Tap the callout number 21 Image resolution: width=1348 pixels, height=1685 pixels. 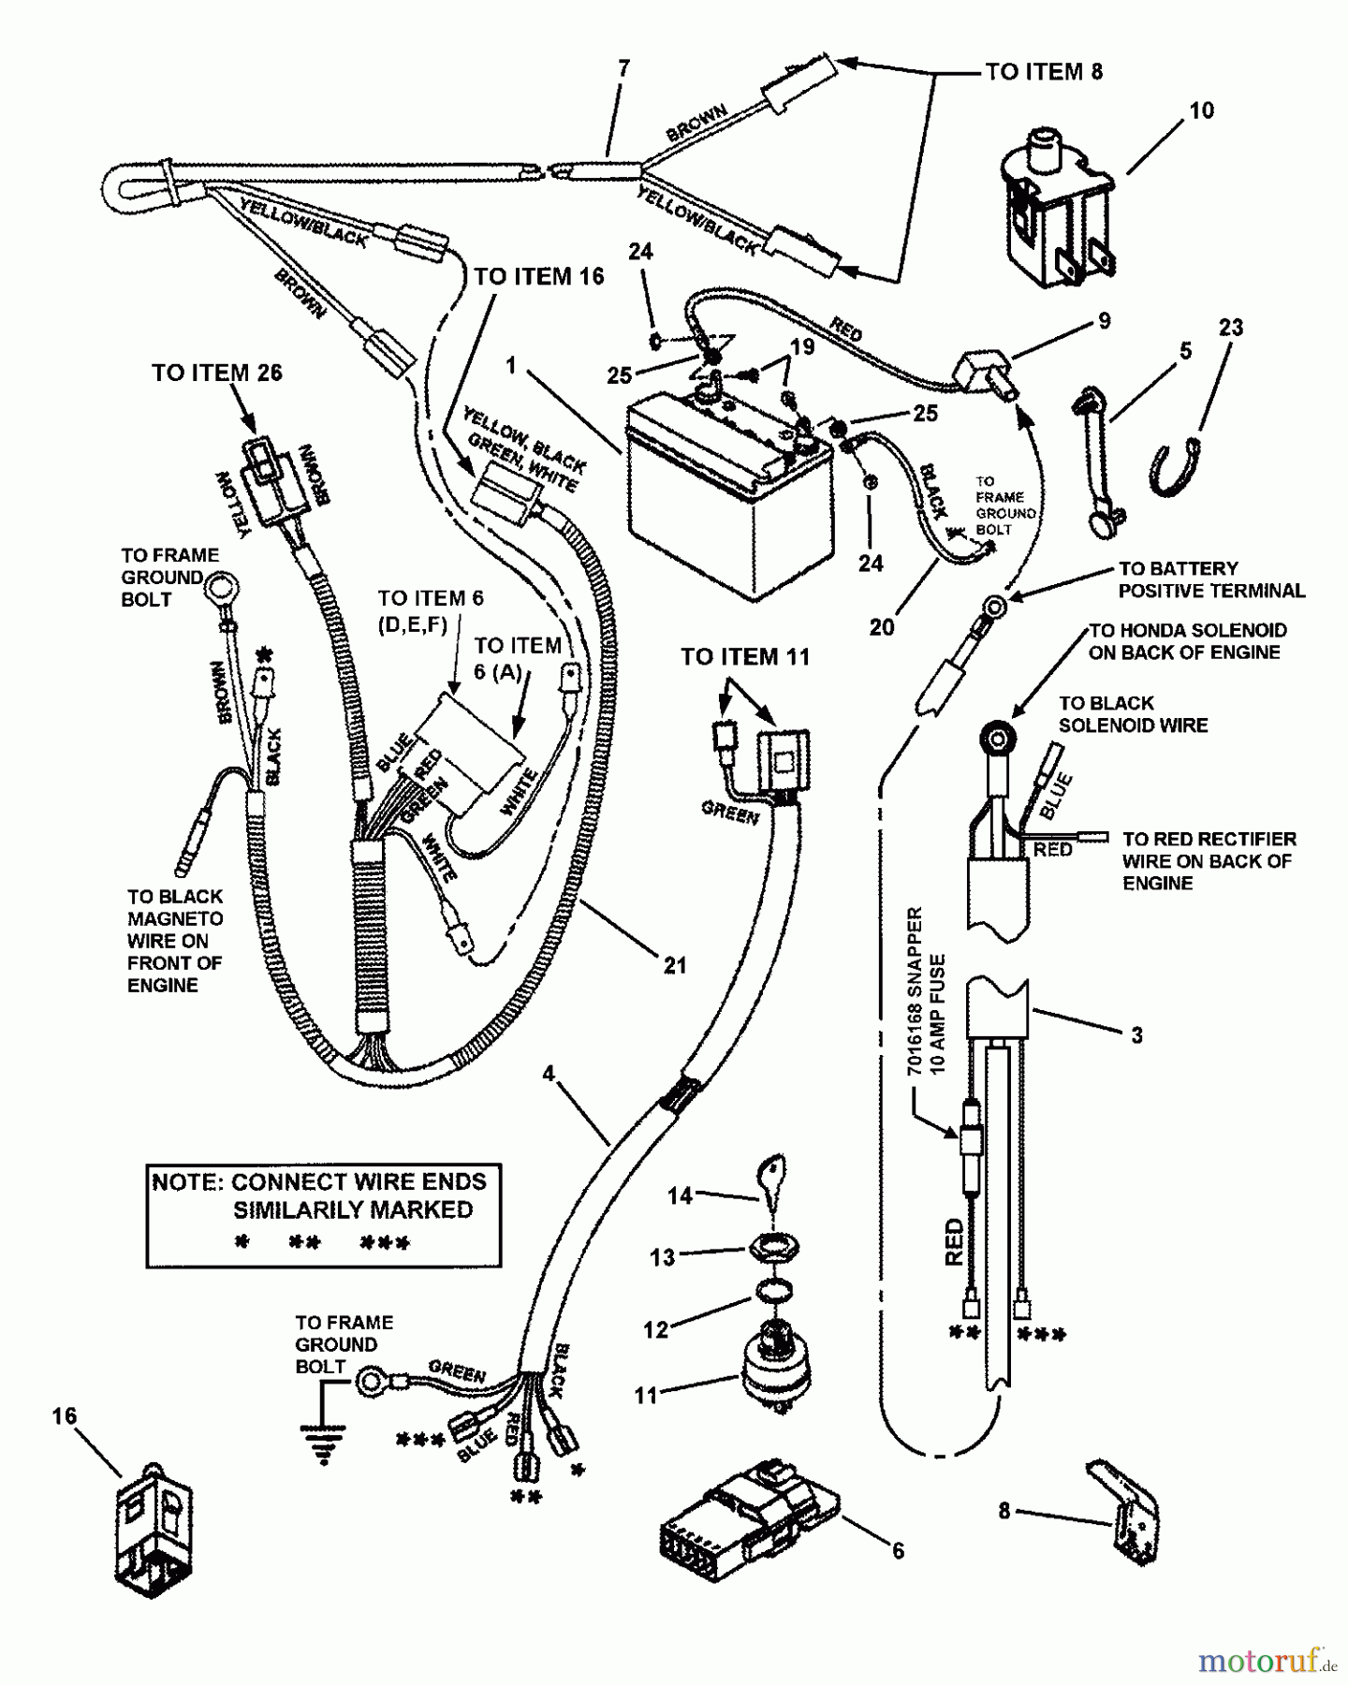click(x=675, y=965)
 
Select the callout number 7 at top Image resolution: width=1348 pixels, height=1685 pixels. click(x=623, y=68)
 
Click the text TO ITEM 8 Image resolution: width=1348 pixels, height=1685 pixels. click(x=1044, y=72)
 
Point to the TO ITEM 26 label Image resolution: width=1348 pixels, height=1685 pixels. click(x=217, y=373)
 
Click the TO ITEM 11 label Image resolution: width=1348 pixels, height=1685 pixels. click(x=744, y=657)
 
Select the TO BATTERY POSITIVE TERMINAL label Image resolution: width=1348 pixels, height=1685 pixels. click(x=1211, y=580)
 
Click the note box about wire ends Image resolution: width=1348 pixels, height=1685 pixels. click(x=323, y=1215)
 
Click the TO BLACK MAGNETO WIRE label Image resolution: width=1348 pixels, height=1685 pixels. click(x=174, y=941)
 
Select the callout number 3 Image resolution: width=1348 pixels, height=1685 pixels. click(x=1136, y=1035)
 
